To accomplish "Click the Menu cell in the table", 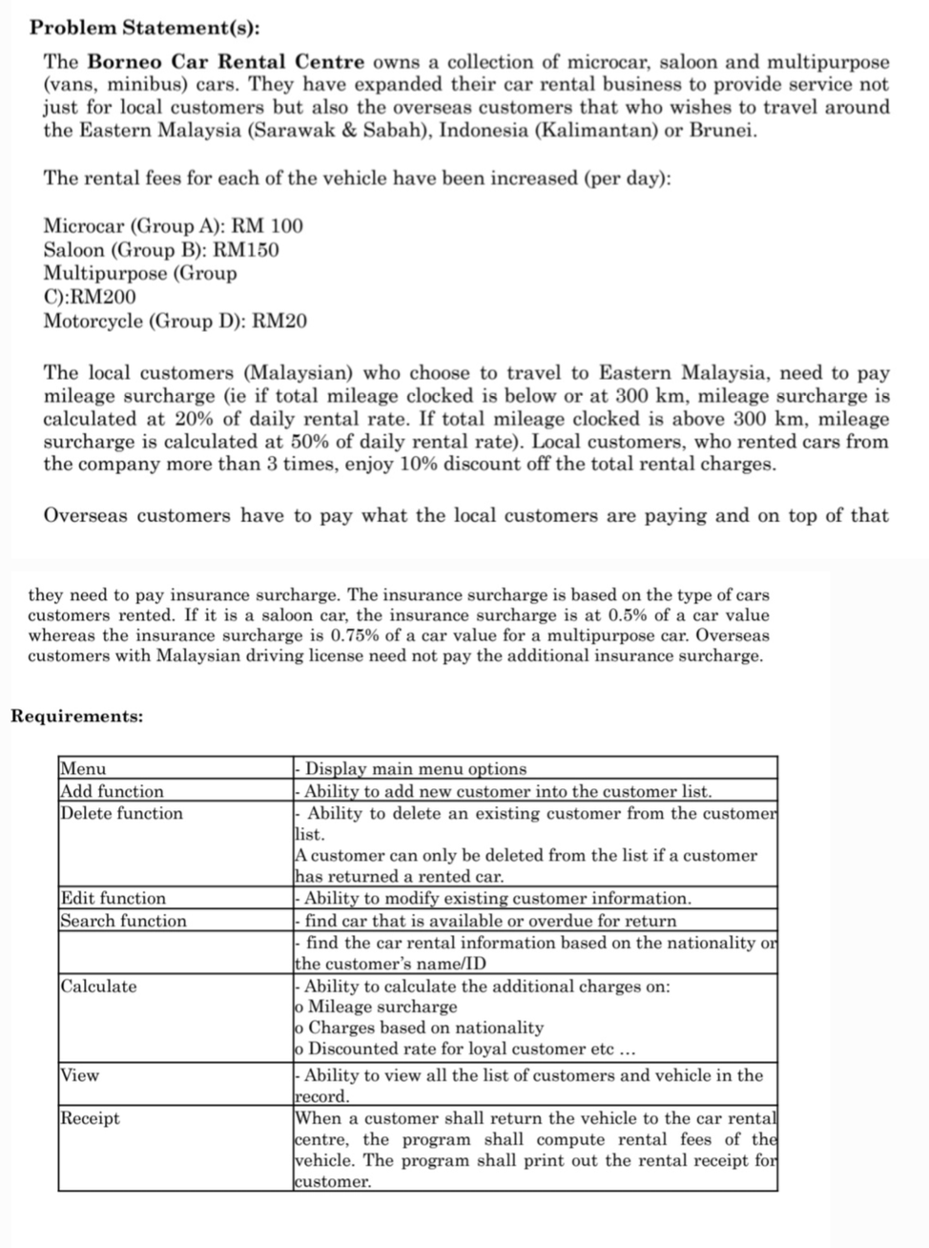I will (x=83, y=769).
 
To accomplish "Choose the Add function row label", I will (x=112, y=791).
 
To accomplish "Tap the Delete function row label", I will (x=121, y=813).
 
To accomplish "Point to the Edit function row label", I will (x=113, y=898).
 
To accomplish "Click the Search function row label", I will (x=123, y=921).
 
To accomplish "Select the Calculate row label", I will (x=98, y=986).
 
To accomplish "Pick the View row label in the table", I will (x=79, y=1075).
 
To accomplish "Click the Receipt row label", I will (x=90, y=1117).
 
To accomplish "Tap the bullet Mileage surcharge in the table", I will (x=382, y=1007).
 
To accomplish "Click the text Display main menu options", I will (x=415, y=769).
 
